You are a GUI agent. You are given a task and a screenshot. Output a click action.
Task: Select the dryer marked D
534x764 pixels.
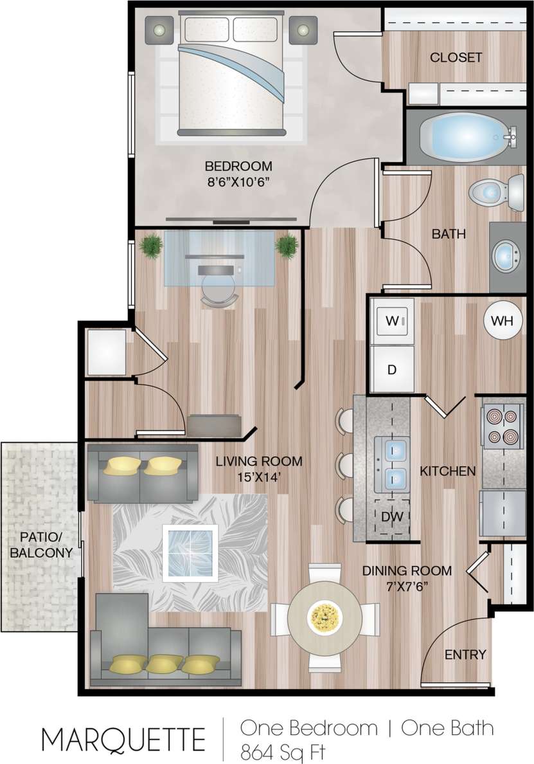391,370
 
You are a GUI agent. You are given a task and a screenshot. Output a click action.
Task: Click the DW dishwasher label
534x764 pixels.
392,516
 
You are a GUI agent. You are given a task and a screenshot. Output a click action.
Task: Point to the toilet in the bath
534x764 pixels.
495,192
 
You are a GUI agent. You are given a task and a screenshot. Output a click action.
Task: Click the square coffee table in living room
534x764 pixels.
190,553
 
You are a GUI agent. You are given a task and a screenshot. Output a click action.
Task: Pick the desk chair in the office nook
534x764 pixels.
218,286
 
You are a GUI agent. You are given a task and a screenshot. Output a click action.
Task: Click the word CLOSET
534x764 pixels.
456,57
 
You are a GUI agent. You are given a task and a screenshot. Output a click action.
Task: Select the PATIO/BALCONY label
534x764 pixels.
40,543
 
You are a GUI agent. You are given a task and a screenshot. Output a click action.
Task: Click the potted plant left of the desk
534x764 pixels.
150,246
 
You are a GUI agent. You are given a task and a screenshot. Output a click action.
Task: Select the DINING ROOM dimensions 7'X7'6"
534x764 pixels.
406,586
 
